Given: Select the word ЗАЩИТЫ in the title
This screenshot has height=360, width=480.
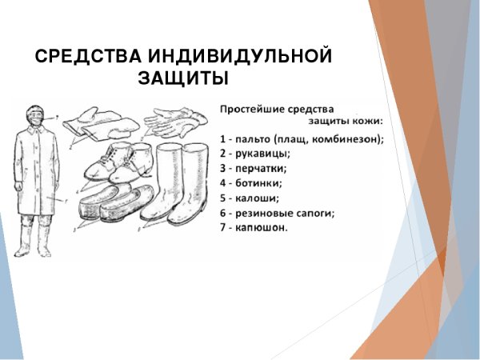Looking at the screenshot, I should tap(183, 79).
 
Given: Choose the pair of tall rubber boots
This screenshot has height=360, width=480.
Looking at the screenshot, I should tap(179, 188).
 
